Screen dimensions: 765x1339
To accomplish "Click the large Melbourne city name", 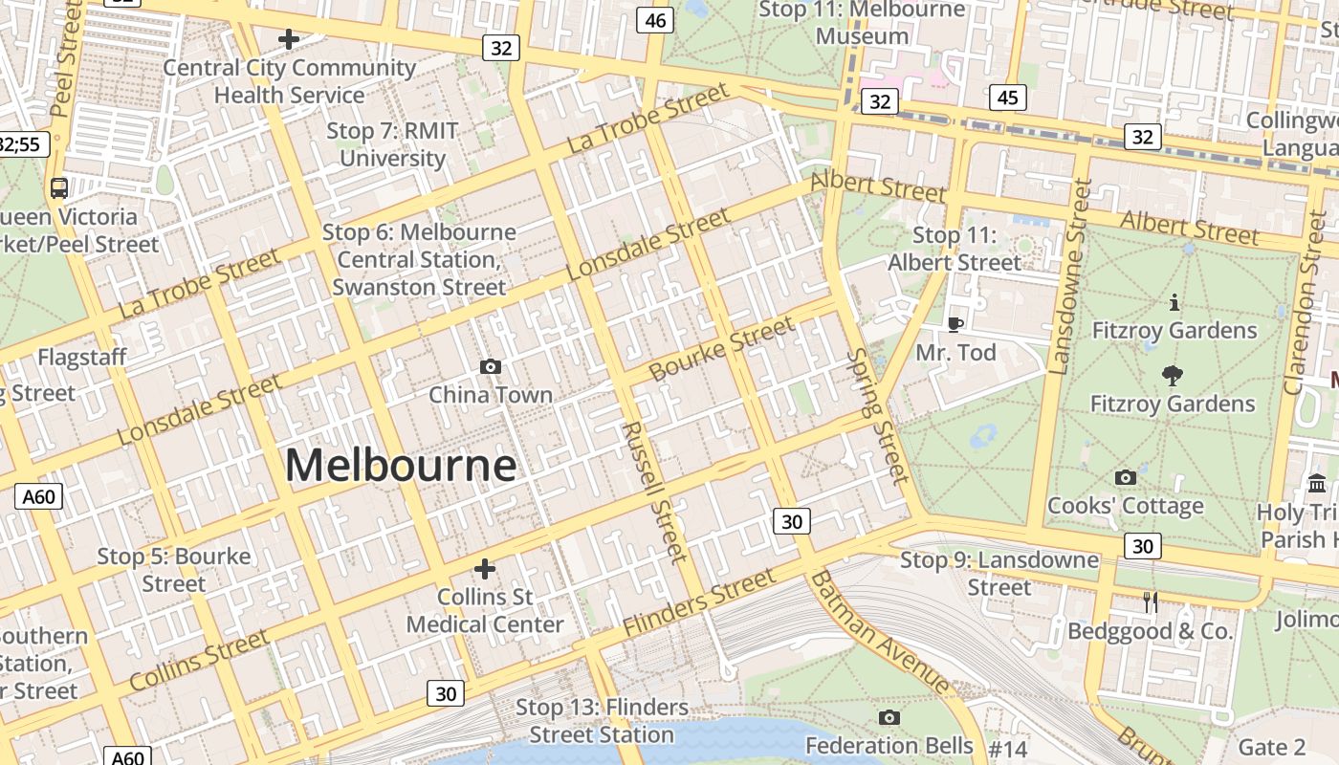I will (x=401, y=466).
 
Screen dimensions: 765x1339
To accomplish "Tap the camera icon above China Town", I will (x=491, y=366).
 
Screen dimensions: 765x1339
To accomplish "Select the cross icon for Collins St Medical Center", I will (x=485, y=569).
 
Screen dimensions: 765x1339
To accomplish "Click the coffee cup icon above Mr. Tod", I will (x=955, y=324).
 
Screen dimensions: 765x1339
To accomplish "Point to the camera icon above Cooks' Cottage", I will (x=1126, y=477).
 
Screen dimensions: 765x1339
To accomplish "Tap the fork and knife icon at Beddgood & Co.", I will (x=1151, y=601).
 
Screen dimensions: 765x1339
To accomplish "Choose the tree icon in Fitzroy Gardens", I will (x=1172, y=376).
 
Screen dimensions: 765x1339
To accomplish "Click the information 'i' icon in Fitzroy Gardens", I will (x=1174, y=303).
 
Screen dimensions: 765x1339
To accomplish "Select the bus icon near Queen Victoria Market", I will (x=59, y=187).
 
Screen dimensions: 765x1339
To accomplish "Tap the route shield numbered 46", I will (x=656, y=20).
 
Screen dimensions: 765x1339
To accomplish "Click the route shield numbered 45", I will (x=1009, y=98).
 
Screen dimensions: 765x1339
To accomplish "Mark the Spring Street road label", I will (x=877, y=415).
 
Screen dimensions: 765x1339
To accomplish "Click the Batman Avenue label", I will (x=880, y=631).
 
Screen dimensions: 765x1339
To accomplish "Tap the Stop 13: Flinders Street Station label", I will (x=602, y=721).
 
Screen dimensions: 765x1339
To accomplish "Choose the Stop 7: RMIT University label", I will (x=392, y=144).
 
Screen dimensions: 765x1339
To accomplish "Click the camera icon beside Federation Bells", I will (x=889, y=717).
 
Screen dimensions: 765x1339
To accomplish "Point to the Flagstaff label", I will (x=81, y=358).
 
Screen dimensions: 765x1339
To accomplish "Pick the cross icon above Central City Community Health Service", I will (x=288, y=39).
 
